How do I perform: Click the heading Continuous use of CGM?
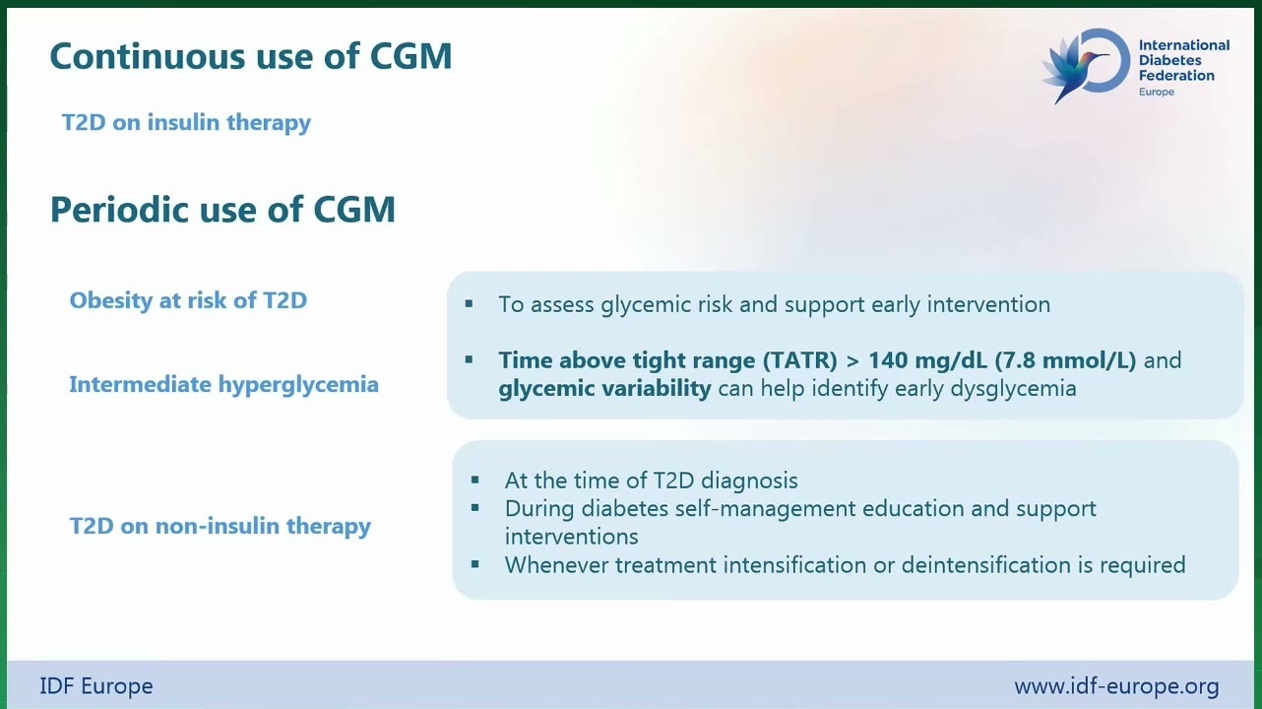(251, 56)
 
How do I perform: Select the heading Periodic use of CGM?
(222, 210)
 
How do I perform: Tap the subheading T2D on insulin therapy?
(186, 123)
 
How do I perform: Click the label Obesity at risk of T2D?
(188, 300)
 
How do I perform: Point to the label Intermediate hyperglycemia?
(223, 385)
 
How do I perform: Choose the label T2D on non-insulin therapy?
(220, 526)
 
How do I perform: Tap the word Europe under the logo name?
(1156, 92)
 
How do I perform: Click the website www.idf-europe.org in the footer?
(1116, 686)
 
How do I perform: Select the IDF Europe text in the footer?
(96, 686)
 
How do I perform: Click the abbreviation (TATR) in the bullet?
(799, 360)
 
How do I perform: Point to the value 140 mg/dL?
(927, 360)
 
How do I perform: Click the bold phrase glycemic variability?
(604, 389)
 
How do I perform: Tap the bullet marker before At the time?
(474, 481)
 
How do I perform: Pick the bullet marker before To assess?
(469, 303)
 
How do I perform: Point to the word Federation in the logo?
(1176, 76)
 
